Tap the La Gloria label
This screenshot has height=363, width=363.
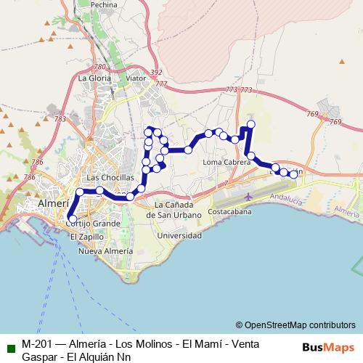(x=95, y=78)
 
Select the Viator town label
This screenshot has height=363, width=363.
(x=136, y=78)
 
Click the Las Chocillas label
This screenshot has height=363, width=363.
(x=110, y=177)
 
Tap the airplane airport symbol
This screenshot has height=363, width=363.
(x=249, y=196)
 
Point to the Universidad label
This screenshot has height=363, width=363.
(x=179, y=236)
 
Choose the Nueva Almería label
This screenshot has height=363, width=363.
(x=105, y=251)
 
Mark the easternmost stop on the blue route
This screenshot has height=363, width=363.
(x=293, y=174)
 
